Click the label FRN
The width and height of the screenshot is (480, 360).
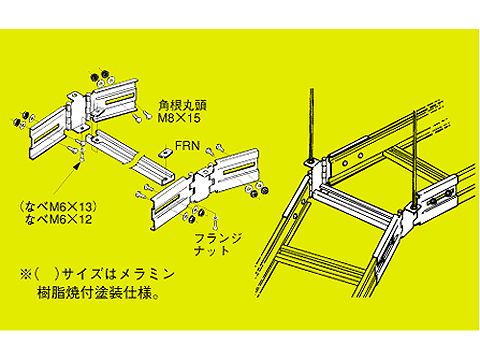(187, 146)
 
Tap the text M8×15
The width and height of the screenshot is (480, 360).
(180, 118)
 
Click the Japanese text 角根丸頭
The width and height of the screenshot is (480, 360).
(182, 105)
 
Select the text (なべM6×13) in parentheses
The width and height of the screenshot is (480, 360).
(58, 207)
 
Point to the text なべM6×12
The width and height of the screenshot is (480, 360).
(59, 219)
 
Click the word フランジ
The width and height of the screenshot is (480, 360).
(218, 239)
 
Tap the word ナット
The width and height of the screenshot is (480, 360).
(212, 251)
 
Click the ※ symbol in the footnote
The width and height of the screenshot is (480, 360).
(26, 274)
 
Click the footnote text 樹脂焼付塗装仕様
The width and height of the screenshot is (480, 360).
(94, 294)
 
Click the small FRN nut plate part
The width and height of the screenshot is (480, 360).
(165, 153)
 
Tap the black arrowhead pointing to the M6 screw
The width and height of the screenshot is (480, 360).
(80, 163)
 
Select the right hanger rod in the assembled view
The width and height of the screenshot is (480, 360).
(415, 159)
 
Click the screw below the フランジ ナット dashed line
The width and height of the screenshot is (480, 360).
(216, 221)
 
